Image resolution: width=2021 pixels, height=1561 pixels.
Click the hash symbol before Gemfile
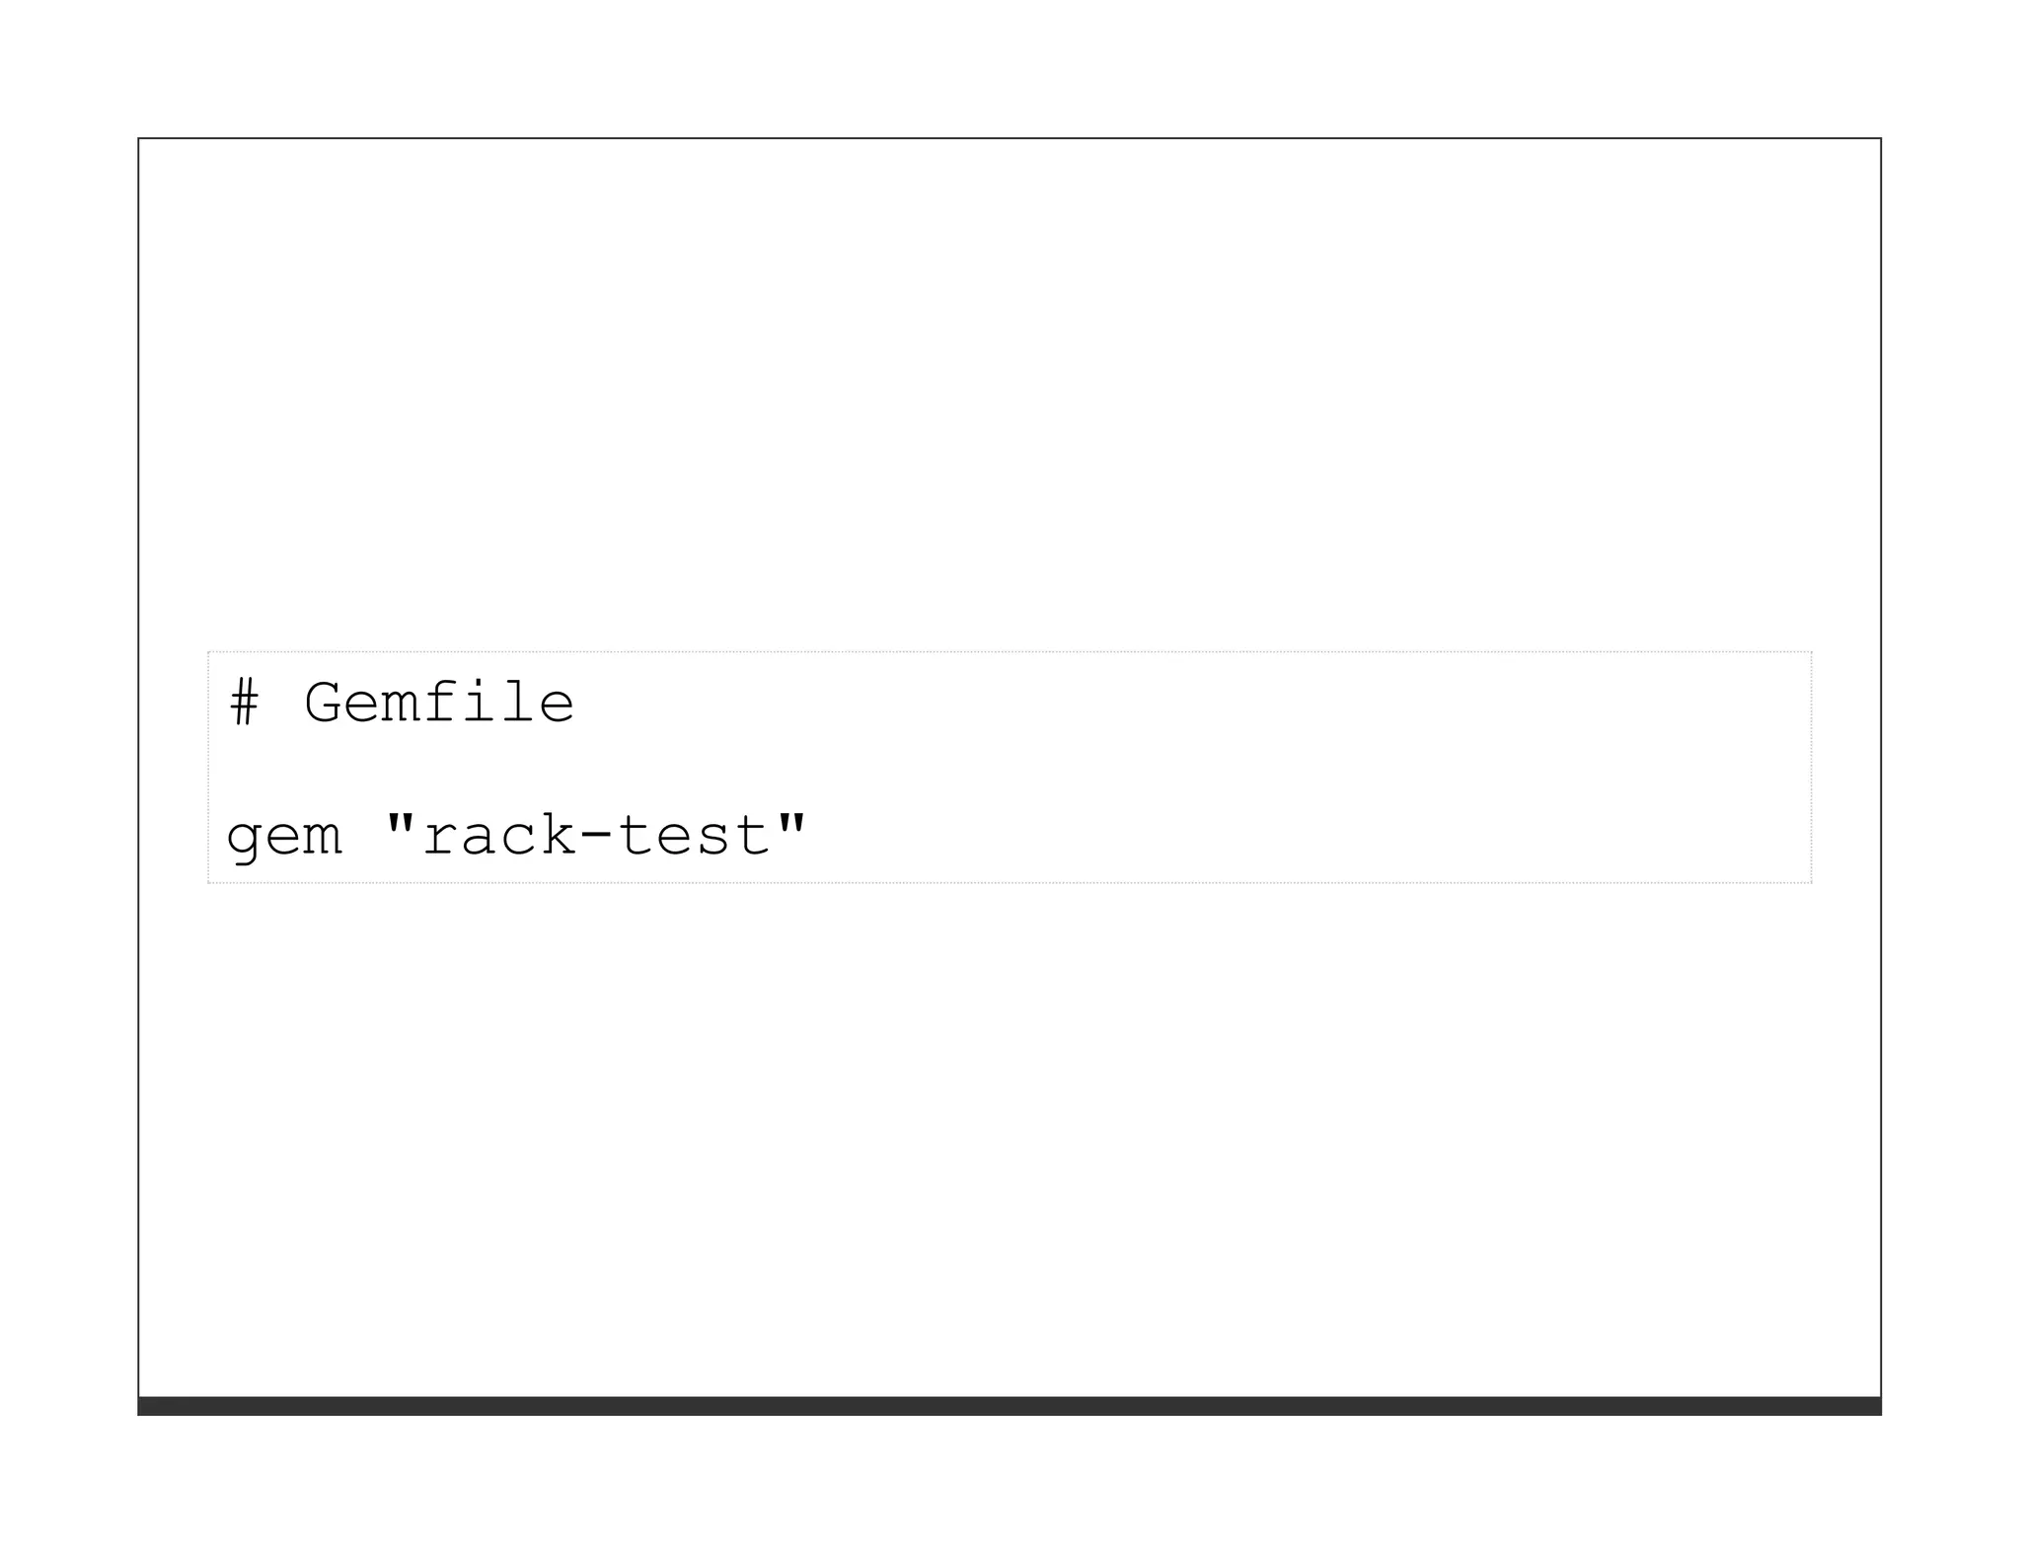244,704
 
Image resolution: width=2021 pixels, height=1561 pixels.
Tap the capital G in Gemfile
323,704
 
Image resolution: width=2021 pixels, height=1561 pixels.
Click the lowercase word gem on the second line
284,839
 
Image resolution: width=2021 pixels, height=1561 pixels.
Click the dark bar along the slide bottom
1010,1406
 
